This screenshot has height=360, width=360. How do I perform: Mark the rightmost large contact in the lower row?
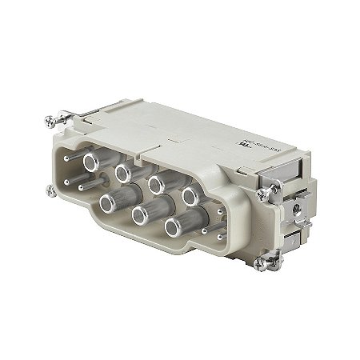click(x=176, y=227)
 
